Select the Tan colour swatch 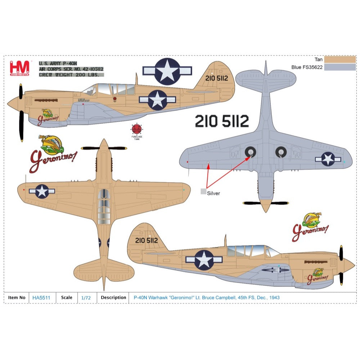click(339, 59)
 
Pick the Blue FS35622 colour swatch click(339, 67)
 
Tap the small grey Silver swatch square click(204, 192)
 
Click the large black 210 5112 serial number click(222, 122)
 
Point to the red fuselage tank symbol click(136, 129)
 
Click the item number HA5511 click(41, 298)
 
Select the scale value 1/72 click(86, 298)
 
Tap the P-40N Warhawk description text click(206, 298)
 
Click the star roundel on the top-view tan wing click(42, 191)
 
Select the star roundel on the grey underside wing click(328, 159)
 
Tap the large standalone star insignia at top click(167, 71)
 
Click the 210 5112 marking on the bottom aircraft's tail click(147, 240)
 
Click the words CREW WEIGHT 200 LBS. click(71, 75)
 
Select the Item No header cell click(17, 298)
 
